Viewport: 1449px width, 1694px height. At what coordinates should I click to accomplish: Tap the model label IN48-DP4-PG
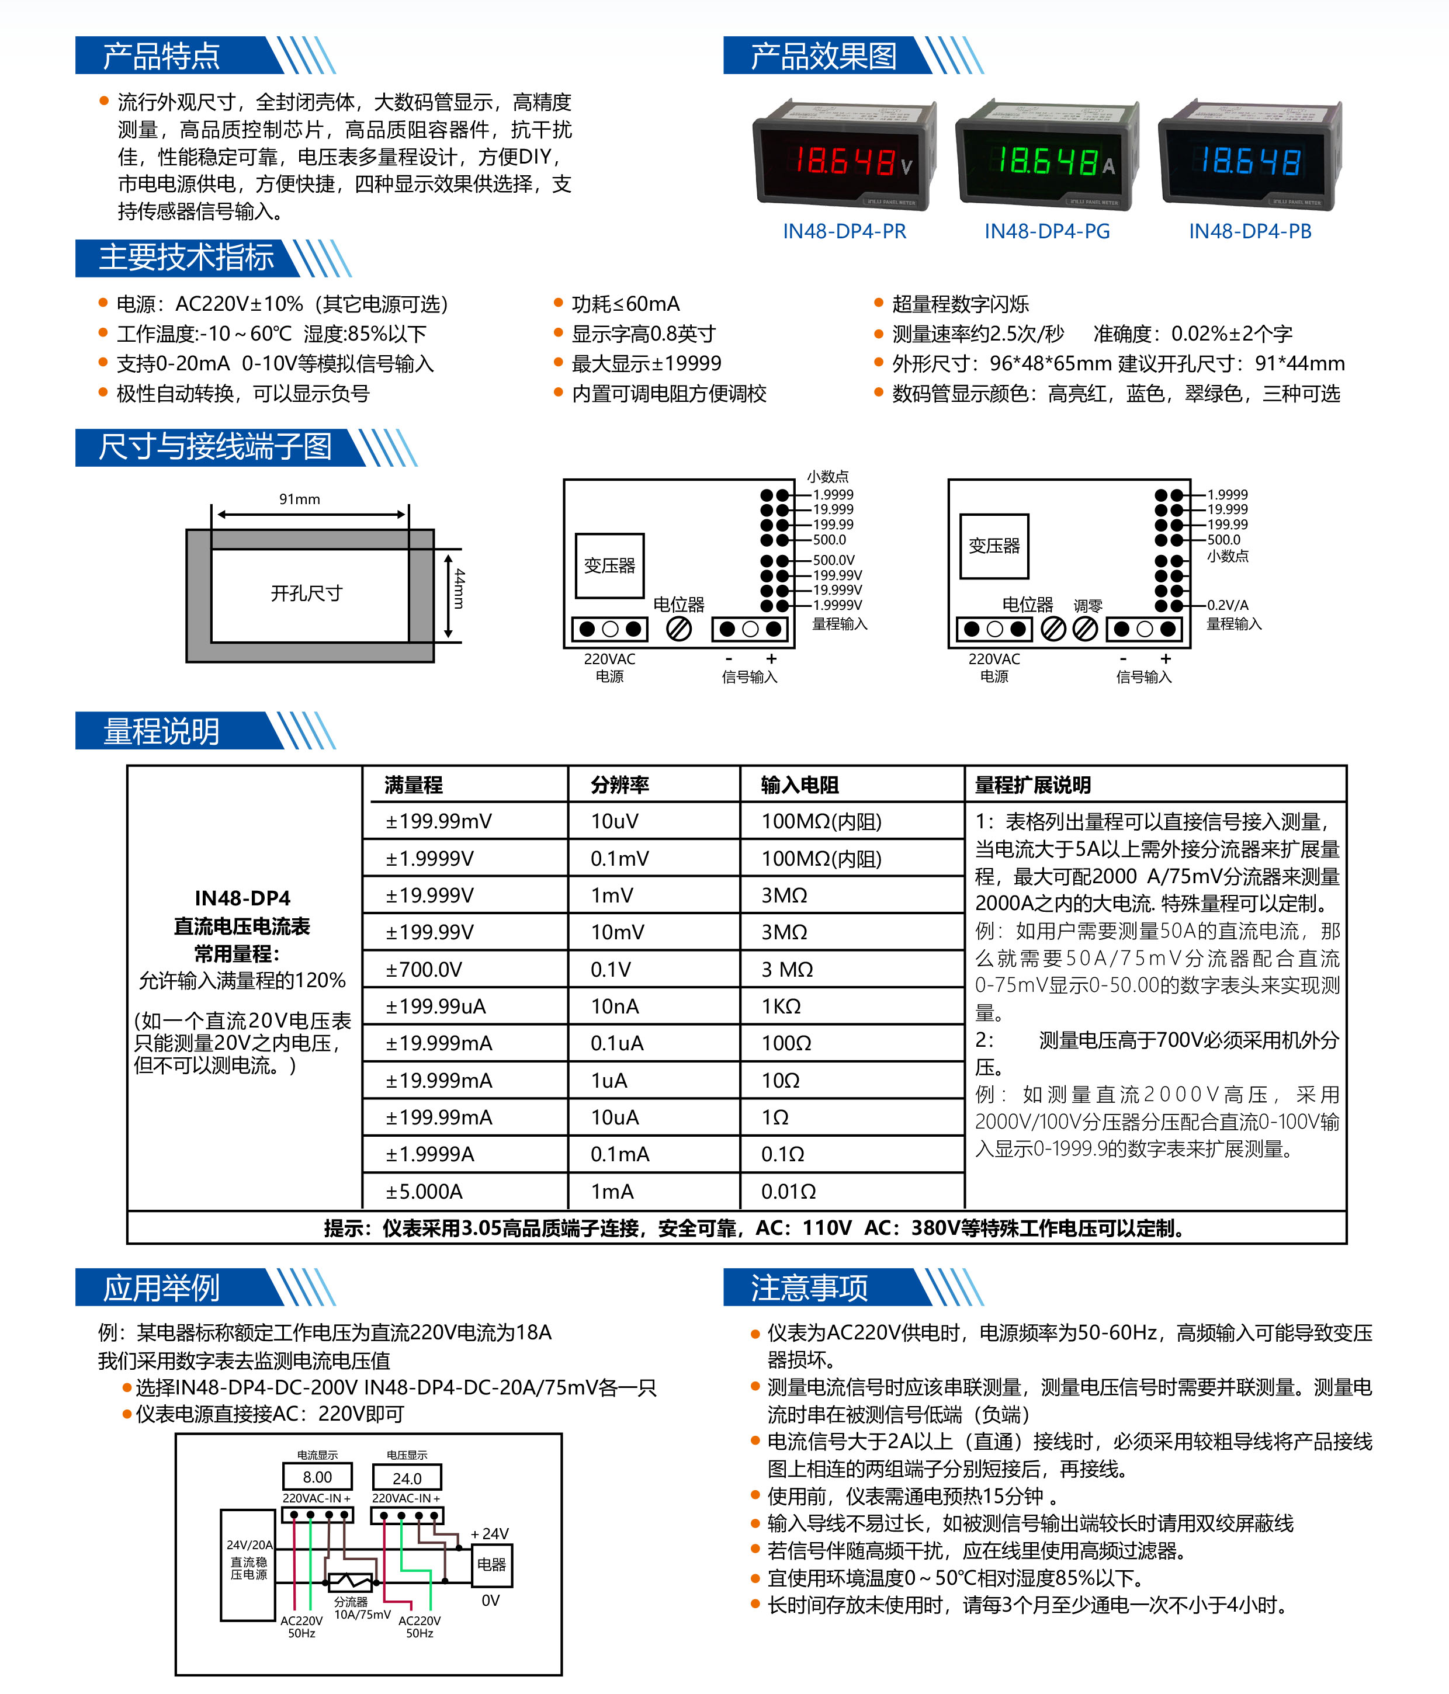pos(1046,231)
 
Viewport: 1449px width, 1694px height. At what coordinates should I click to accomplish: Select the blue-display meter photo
pos(1250,155)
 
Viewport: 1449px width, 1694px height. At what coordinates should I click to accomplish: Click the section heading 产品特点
pos(161,55)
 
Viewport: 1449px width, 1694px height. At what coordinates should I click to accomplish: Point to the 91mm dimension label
pos(299,499)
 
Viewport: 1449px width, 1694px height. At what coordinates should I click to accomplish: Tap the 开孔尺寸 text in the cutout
pos(307,593)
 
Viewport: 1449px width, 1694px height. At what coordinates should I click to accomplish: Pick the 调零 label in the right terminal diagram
pos(1087,606)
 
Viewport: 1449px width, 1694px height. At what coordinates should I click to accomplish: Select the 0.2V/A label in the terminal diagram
pos(1228,605)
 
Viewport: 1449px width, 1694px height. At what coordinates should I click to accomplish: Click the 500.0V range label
pos(833,560)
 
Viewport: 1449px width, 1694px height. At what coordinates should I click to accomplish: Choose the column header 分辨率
pos(620,785)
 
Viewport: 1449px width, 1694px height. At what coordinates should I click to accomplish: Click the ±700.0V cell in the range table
pos(424,970)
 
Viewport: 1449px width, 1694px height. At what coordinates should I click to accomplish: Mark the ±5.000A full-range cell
pos(424,1191)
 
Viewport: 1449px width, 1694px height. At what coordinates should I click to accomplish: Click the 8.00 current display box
pos(317,1477)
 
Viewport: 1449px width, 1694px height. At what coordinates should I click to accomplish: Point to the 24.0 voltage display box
pos(407,1477)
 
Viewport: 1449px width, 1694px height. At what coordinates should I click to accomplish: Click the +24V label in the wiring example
pos(490,1534)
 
